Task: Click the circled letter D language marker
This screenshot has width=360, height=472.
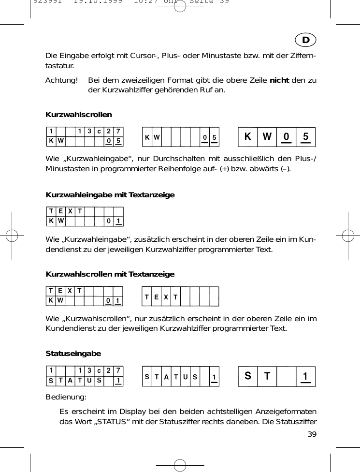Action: point(306,39)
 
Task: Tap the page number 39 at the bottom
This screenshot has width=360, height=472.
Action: point(312,434)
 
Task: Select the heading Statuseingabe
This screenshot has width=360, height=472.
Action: point(73,354)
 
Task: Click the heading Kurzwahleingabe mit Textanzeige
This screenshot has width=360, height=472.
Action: point(110,195)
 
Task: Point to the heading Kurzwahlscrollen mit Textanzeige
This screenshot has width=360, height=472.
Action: point(110,274)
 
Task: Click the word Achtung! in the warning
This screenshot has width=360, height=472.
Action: point(61,79)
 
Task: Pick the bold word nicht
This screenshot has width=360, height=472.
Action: point(279,79)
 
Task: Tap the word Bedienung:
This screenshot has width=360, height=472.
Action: point(66,397)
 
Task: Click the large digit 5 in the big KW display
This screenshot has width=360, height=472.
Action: point(305,137)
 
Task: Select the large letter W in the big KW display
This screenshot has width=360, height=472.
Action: point(267,137)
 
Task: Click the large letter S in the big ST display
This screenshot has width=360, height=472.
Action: point(248,376)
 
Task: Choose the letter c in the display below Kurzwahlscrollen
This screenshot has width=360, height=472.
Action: point(99,131)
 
